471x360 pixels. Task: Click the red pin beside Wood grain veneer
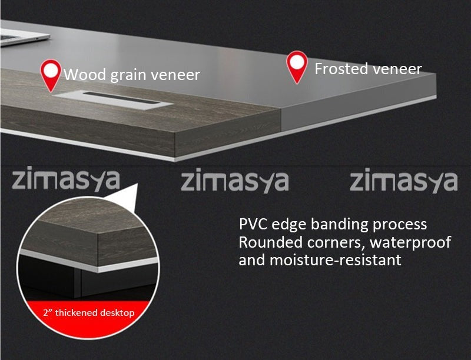tap(51, 75)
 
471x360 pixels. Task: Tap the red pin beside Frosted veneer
tap(297, 67)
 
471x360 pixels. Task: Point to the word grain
tap(128, 76)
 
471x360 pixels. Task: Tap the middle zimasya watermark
tap(235, 180)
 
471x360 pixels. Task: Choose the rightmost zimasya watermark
tap(404, 180)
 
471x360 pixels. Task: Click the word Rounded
tap(270, 242)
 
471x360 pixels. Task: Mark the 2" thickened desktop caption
tap(89, 313)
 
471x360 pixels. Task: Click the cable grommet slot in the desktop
tap(113, 99)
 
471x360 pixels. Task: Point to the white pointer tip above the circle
tap(137, 184)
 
